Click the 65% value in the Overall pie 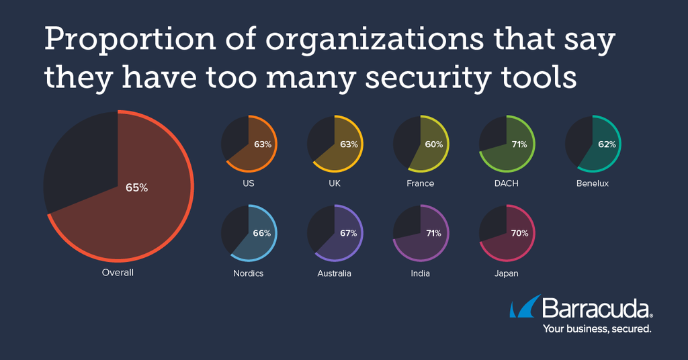pyautogui.click(x=136, y=188)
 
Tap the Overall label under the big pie pyautogui.click(x=118, y=273)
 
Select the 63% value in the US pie pyautogui.click(x=262, y=144)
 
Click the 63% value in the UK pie pyautogui.click(x=348, y=144)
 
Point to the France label pyautogui.click(x=421, y=183)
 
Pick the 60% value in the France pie pyautogui.click(x=433, y=144)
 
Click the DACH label pyautogui.click(x=506, y=183)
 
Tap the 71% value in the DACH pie pyautogui.click(x=519, y=144)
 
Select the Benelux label pyautogui.click(x=592, y=183)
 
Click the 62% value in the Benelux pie pyautogui.click(x=605, y=144)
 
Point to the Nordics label pyautogui.click(x=249, y=273)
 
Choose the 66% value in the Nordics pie pyautogui.click(x=262, y=234)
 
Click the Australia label pyautogui.click(x=335, y=273)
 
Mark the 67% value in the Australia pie pyautogui.click(x=348, y=234)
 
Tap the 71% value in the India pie pyautogui.click(x=433, y=234)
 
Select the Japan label pyautogui.click(x=506, y=273)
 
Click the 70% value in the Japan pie pyautogui.click(x=519, y=234)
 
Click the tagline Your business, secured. pyautogui.click(x=597, y=329)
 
